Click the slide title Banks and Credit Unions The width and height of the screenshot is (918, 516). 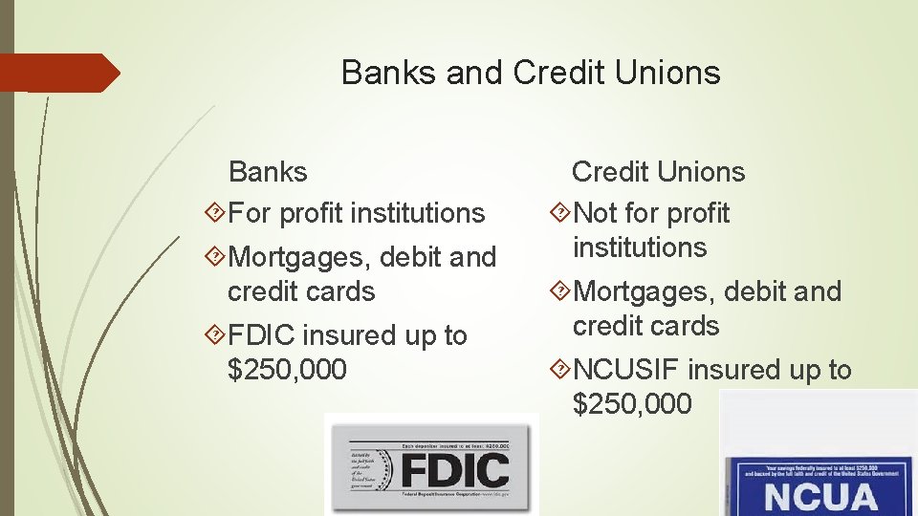click(x=530, y=73)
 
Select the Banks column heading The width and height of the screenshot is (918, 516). click(x=268, y=172)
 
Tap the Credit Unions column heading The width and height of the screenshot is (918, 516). click(x=658, y=172)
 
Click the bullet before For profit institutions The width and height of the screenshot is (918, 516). click(x=217, y=213)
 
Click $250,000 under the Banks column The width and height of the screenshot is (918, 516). click(x=287, y=370)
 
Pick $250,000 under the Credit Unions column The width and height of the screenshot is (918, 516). click(x=631, y=404)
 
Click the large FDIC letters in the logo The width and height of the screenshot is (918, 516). click(x=454, y=470)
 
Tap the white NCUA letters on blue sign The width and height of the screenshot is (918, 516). click(x=820, y=497)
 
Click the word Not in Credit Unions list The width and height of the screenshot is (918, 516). click(x=596, y=213)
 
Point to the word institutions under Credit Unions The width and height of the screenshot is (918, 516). click(x=639, y=247)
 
